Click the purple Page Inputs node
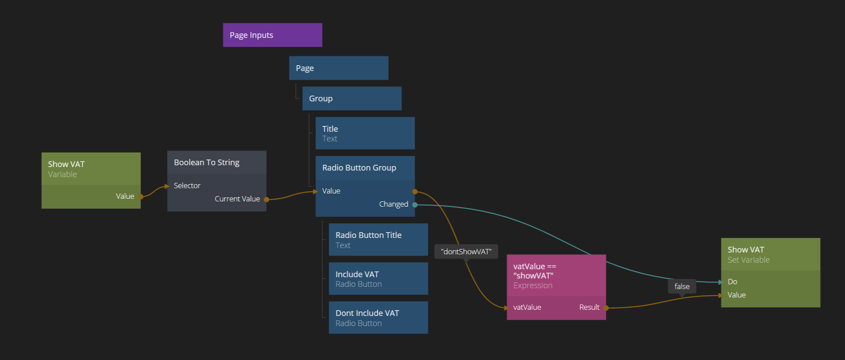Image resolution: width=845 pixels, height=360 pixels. coord(272,35)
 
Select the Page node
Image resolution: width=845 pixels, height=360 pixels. coord(338,68)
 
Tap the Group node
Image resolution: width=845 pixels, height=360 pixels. coord(351,98)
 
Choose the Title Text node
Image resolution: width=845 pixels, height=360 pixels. coord(365,133)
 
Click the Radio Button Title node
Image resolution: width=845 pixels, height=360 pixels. coord(378,239)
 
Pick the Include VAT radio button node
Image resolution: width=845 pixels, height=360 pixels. coord(378,278)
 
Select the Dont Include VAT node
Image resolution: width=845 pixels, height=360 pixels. coord(378,317)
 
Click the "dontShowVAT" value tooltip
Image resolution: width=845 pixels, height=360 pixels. coord(466,252)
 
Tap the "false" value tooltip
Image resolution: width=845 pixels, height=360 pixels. coord(681,286)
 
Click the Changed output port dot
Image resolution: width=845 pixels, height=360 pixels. coord(415,204)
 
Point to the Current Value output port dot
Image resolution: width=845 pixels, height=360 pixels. coord(266,199)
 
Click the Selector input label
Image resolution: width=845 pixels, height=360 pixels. coord(187,186)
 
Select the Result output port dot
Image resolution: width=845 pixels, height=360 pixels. coord(606,308)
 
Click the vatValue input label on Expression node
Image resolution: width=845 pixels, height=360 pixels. coord(527,307)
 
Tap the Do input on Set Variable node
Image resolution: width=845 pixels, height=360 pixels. coord(732,282)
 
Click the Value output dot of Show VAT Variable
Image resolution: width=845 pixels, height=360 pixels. coord(141,197)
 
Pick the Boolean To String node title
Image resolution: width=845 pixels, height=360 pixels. coord(206,163)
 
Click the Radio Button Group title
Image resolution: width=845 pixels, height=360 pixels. coord(359,168)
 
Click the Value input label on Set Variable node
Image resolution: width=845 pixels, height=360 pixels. coord(736,295)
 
